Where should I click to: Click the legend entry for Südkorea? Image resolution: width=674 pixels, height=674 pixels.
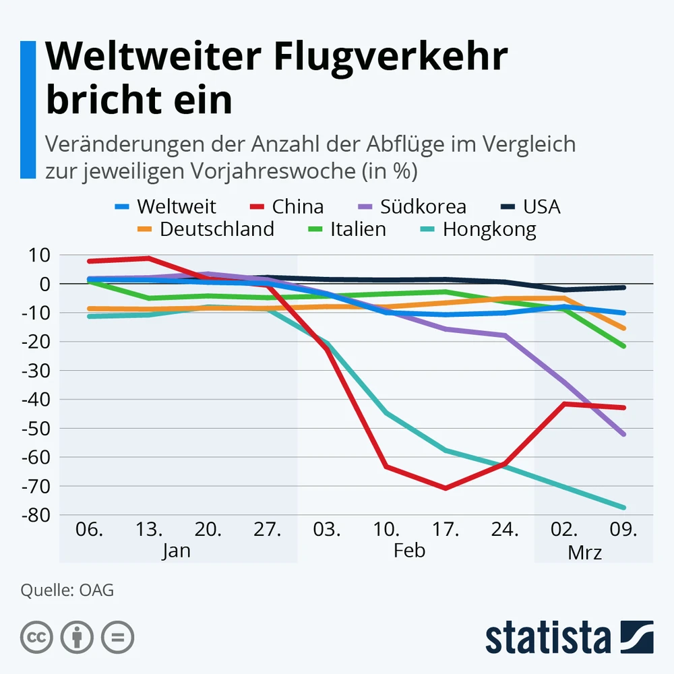(x=423, y=206)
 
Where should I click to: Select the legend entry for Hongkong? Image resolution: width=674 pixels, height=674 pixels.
(x=489, y=229)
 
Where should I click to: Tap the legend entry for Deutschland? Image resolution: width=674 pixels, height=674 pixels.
(x=216, y=229)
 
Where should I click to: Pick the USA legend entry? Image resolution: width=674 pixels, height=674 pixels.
(x=541, y=206)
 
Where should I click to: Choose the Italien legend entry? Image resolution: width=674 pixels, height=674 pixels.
(x=357, y=229)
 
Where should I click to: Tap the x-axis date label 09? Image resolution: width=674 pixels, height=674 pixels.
(x=623, y=530)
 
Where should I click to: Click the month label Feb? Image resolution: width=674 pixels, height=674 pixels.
(x=409, y=551)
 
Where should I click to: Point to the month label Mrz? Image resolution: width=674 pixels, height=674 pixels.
(x=584, y=553)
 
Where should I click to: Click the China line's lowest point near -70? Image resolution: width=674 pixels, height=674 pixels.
(x=446, y=487)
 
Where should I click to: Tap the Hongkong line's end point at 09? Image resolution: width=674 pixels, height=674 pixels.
(x=625, y=508)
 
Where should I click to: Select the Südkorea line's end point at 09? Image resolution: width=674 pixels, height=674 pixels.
(x=625, y=434)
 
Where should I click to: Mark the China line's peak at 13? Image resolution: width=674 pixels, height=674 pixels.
(x=148, y=258)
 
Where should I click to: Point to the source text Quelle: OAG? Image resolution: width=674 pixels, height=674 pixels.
(x=67, y=590)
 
